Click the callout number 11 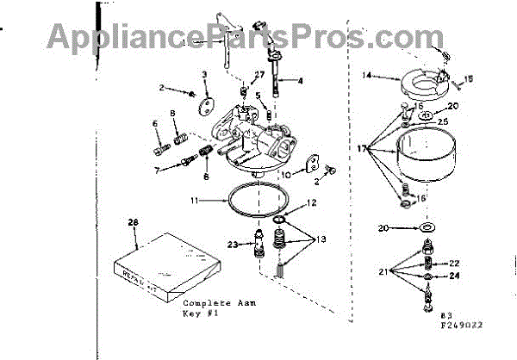196,200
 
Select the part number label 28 132,223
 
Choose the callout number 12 312,203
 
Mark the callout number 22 455,263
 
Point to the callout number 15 470,80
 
